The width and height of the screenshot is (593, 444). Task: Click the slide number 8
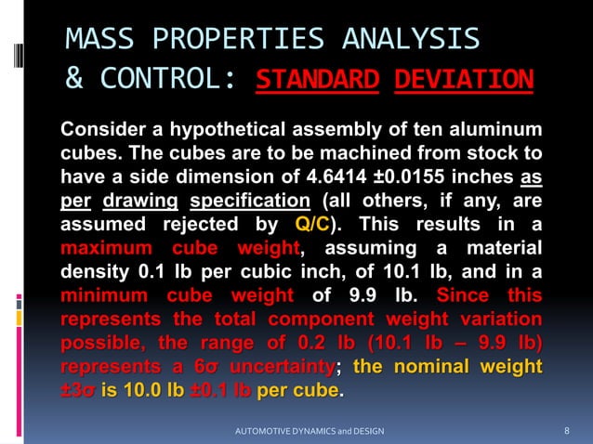567,432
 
